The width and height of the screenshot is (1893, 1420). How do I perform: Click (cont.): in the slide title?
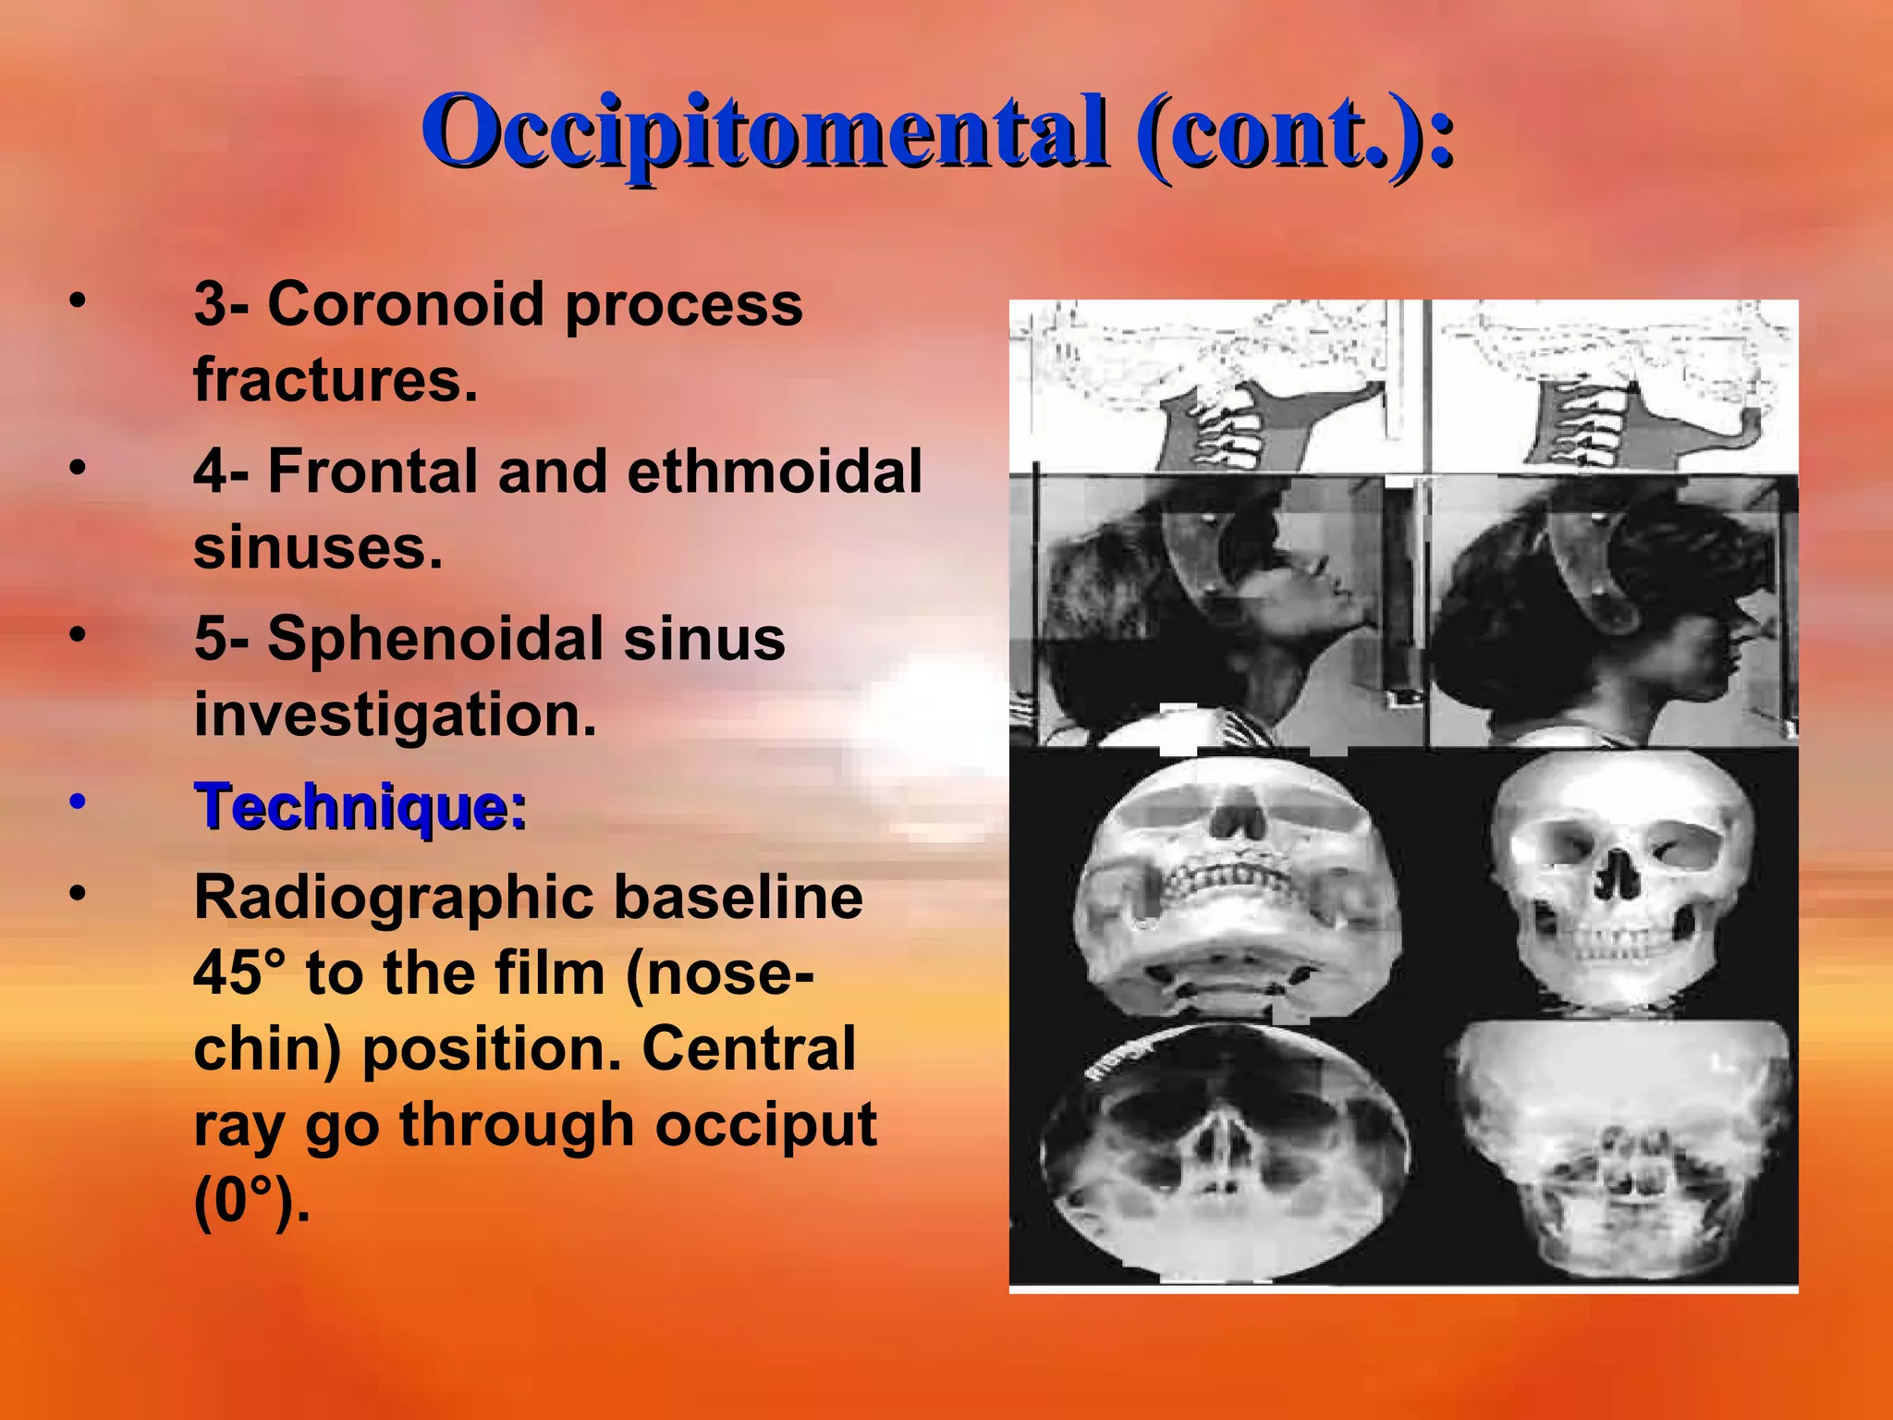1294,131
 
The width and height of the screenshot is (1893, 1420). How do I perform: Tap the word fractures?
336,379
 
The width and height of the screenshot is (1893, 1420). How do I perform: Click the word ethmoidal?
775,471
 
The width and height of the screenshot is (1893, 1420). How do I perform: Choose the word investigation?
396,715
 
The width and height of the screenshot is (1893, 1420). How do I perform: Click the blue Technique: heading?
360,806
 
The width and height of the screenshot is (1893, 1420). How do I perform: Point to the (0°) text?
250,1201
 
